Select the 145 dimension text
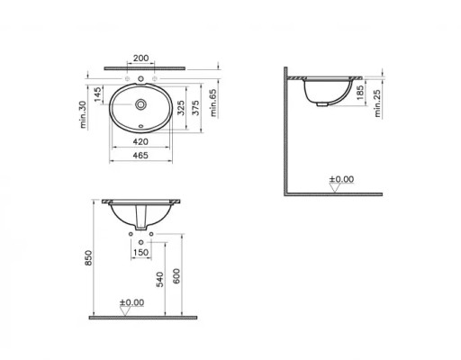point(93,94)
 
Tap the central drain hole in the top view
point(141,103)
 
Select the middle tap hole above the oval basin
point(141,79)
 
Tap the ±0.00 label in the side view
point(341,180)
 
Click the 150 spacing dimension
point(141,254)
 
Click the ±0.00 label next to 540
point(132,302)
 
